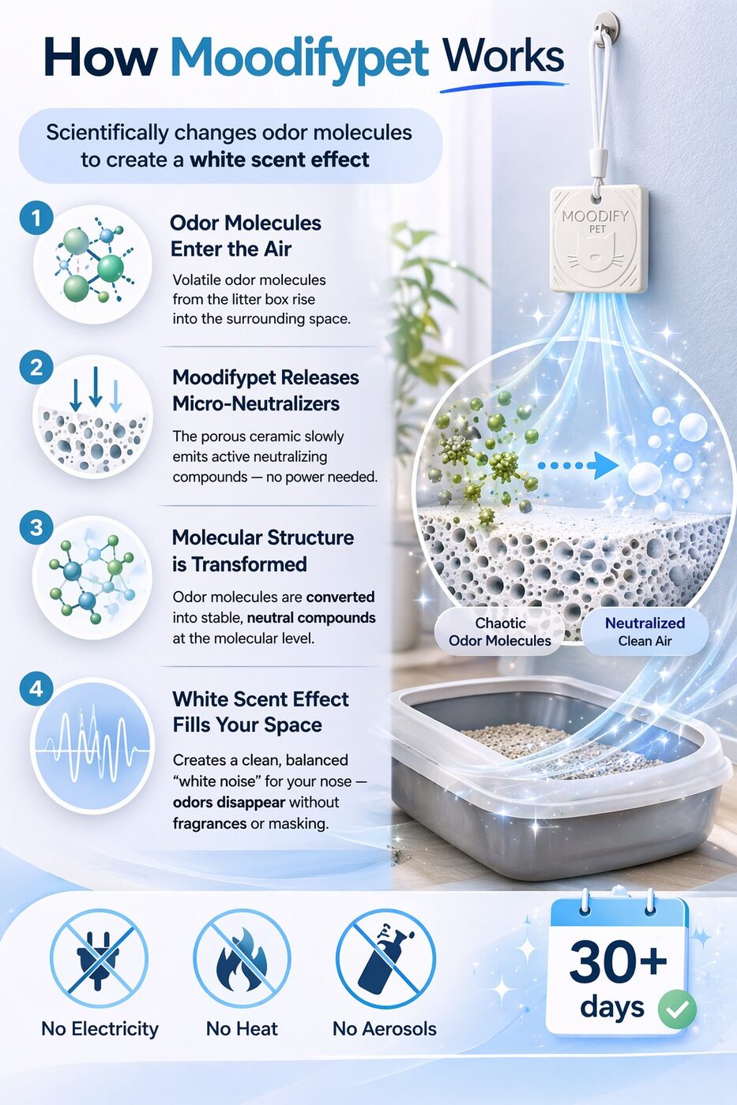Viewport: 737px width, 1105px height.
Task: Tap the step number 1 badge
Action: coord(36,218)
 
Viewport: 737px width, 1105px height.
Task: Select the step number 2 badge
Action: coord(36,368)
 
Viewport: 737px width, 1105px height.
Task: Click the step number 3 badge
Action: coord(36,528)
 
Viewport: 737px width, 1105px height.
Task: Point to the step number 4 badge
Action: coord(36,689)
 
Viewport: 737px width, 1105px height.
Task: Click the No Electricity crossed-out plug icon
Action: coord(100,960)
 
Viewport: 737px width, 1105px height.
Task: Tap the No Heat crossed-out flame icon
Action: coord(242,960)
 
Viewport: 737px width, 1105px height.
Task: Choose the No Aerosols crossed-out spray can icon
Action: coord(385,960)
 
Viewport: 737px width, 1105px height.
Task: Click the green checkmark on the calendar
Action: coord(677,1009)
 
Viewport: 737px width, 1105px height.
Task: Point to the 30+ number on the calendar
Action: coord(618,961)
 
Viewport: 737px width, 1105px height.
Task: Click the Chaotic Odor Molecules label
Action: coord(499,632)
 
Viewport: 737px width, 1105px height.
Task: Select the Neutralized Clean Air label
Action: coord(645,632)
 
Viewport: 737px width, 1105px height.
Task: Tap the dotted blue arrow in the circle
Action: coord(577,465)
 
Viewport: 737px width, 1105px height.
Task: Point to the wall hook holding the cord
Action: coord(606,25)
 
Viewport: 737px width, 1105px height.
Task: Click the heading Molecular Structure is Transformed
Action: coord(263,551)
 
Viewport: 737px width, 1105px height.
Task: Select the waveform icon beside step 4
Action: coord(92,746)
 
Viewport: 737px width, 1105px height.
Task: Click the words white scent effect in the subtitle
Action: coord(280,159)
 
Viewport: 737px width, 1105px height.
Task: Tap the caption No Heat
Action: coord(242,1029)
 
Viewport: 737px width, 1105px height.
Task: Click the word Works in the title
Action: coord(503,58)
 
